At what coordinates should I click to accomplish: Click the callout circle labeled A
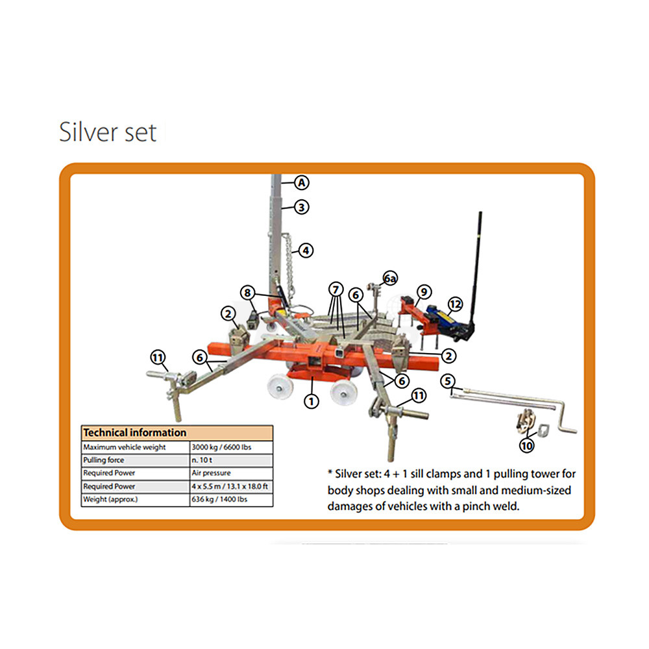(x=302, y=182)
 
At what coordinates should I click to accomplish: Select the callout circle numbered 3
(x=302, y=207)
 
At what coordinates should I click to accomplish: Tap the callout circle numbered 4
(x=306, y=251)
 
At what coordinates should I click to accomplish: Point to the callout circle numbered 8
(x=247, y=293)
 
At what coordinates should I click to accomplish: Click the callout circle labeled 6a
(x=390, y=278)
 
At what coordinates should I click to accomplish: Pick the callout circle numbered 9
(x=424, y=292)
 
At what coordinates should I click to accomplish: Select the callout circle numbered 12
(x=456, y=304)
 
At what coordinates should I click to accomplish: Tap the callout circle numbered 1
(x=312, y=400)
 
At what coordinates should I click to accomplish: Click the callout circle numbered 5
(x=447, y=381)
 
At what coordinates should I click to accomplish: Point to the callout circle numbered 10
(x=526, y=445)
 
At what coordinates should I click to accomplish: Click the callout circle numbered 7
(x=336, y=289)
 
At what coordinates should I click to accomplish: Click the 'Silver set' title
(x=108, y=132)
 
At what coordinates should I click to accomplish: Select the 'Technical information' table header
(x=135, y=432)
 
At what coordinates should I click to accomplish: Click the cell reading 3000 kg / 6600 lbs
(x=221, y=447)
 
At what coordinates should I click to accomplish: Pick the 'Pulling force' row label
(x=103, y=460)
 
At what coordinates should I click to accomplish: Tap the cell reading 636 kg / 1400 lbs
(x=219, y=499)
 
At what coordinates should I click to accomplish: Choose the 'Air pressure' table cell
(x=211, y=472)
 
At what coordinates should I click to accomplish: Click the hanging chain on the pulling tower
(x=289, y=265)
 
